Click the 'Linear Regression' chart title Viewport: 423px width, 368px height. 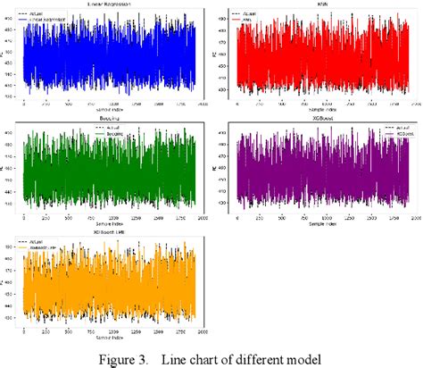tap(111, 4)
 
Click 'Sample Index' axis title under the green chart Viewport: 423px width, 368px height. tap(111, 222)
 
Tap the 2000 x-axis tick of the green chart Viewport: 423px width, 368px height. tap(203, 215)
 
